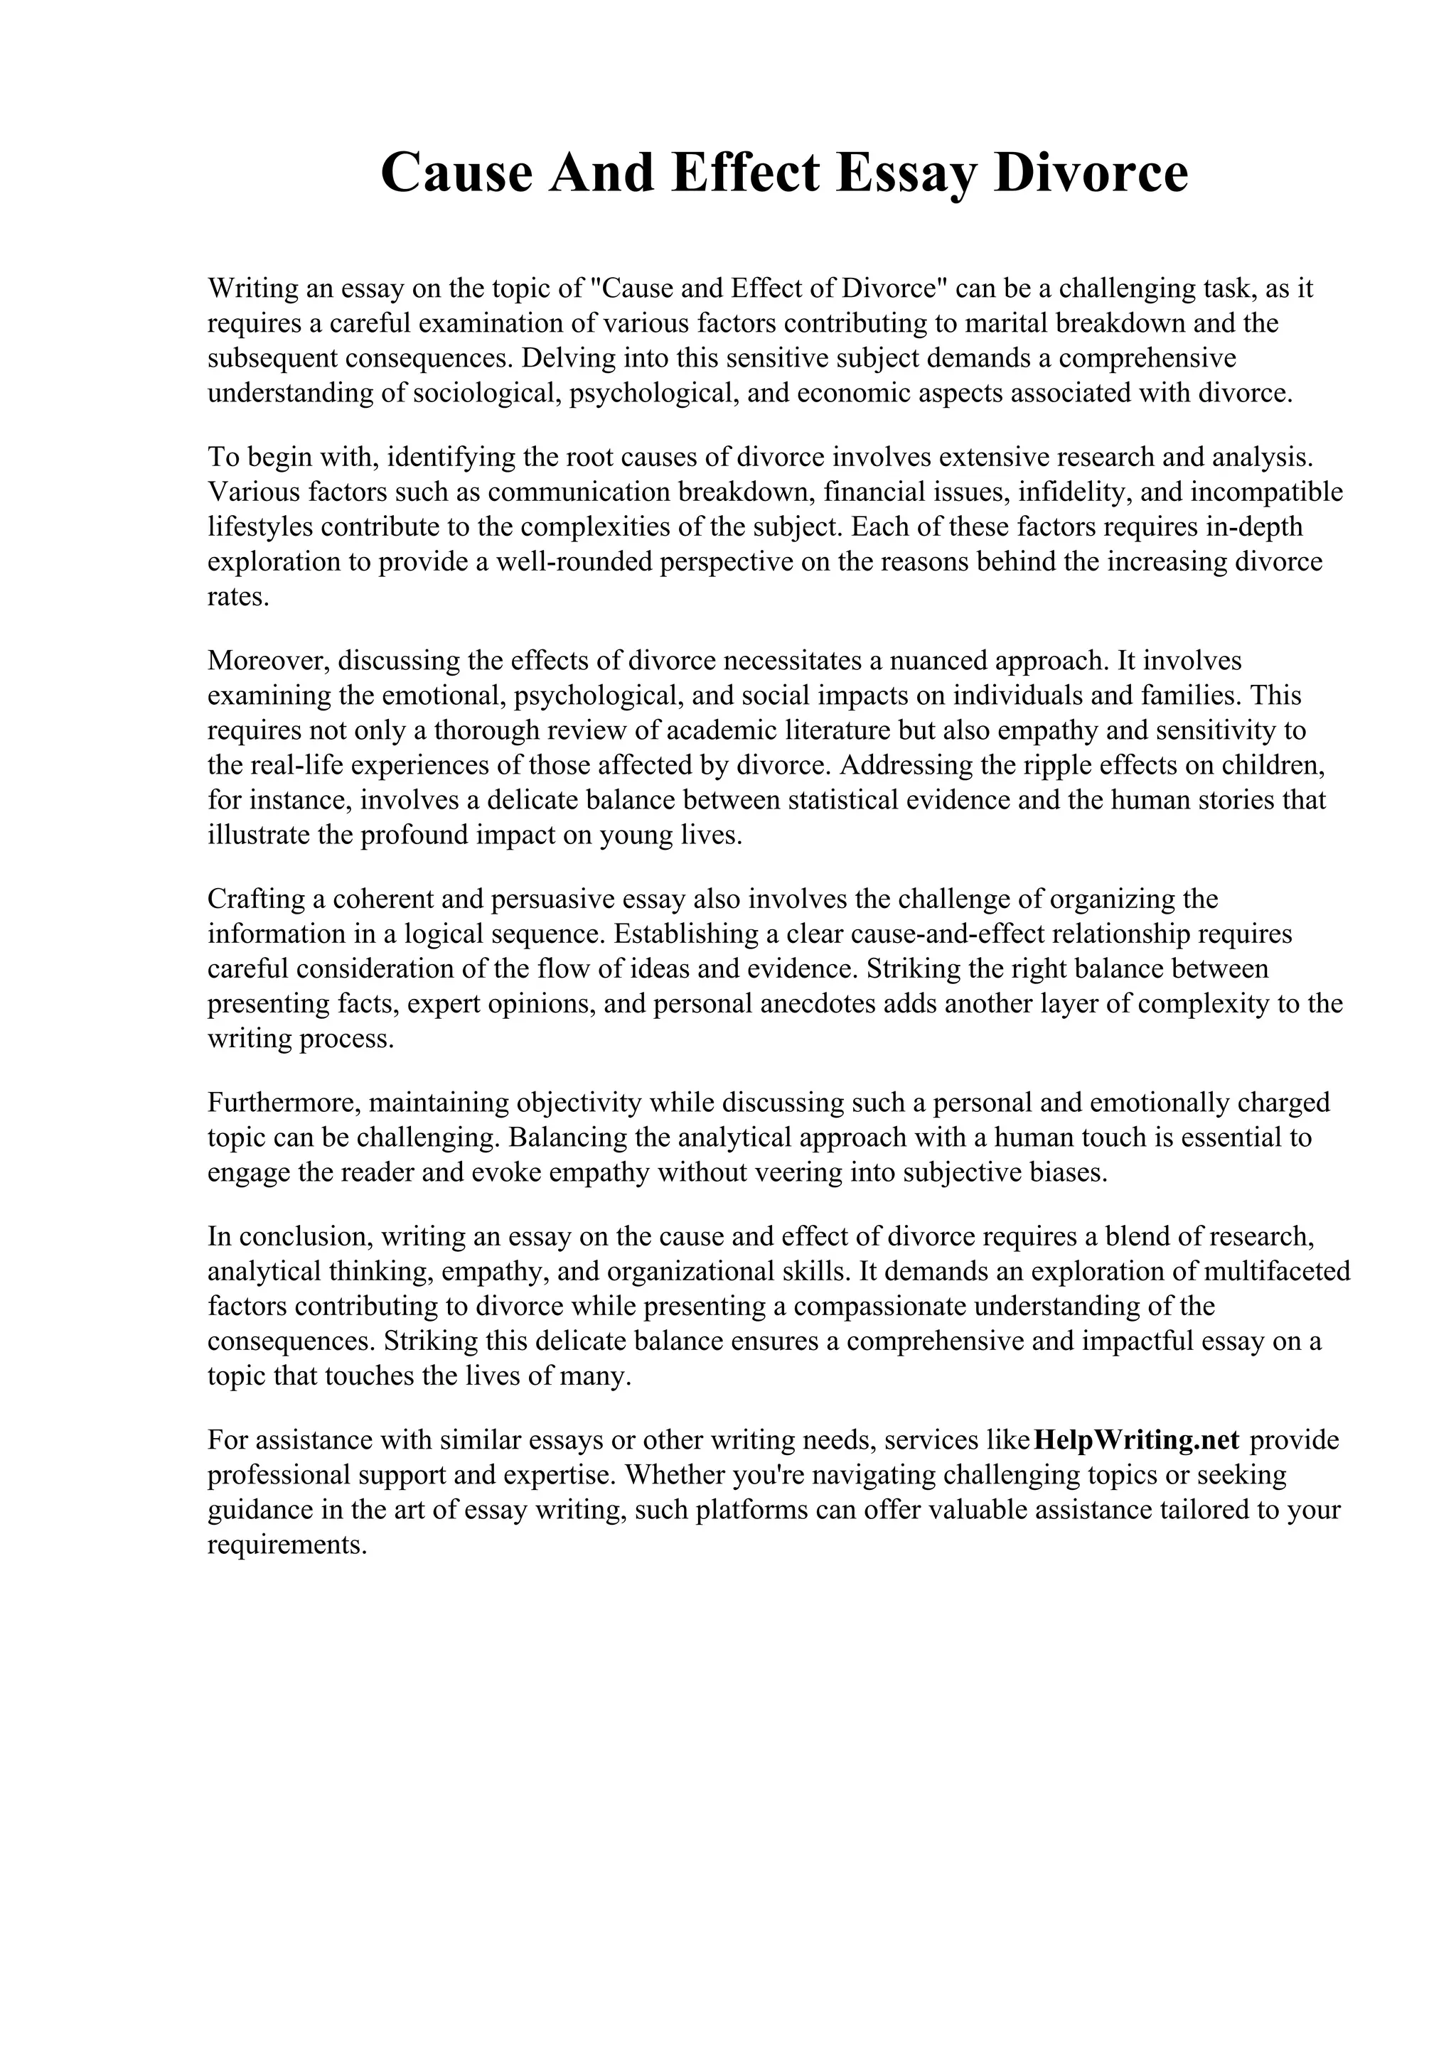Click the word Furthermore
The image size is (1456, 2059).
point(284,1102)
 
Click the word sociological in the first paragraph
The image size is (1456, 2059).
point(487,394)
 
